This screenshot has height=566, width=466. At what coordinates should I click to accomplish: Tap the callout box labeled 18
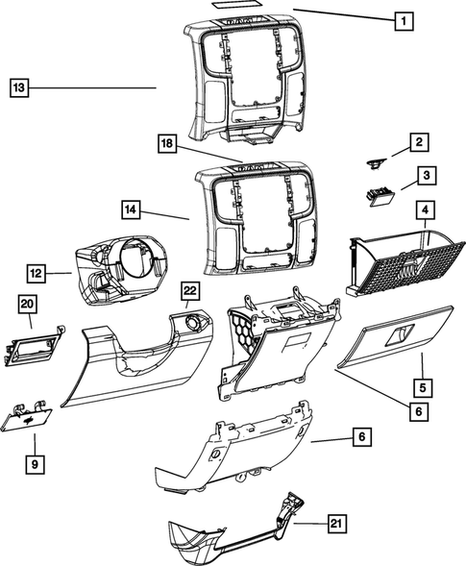(167, 143)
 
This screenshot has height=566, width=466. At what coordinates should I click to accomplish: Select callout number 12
(35, 275)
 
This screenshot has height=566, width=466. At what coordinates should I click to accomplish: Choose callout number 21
(334, 524)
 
